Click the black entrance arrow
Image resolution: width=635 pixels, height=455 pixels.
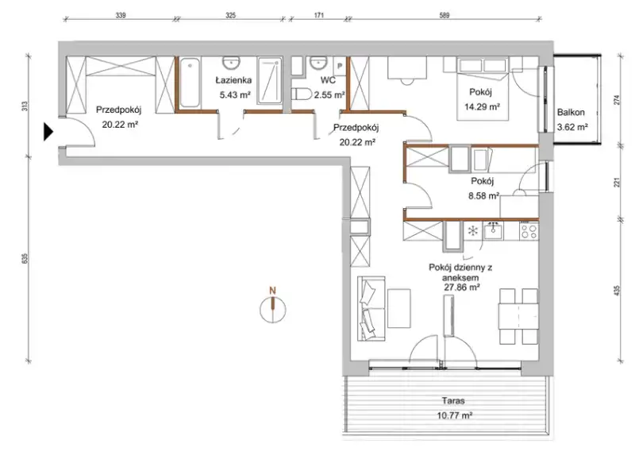pos(48,132)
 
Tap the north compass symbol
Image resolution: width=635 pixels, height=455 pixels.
pos(272,307)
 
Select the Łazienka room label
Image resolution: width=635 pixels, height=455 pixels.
pos(233,80)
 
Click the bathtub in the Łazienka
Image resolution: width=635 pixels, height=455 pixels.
pos(190,83)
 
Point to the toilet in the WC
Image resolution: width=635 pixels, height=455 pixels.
pos(302,94)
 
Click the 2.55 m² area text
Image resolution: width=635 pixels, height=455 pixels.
pos(329,94)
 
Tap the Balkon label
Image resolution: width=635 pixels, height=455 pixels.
pos(571,112)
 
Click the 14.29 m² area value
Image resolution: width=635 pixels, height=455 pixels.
pos(482,107)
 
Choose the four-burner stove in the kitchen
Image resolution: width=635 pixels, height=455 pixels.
pos(529,231)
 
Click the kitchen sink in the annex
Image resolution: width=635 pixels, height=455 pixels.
pos(493,232)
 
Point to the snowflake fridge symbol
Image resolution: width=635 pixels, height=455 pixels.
pos(472,231)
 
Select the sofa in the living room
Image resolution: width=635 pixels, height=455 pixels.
pos(371,309)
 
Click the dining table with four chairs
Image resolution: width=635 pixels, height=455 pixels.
pos(519,316)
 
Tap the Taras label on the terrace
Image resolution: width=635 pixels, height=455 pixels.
pos(453,401)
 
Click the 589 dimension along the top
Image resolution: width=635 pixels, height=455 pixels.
pos(444,15)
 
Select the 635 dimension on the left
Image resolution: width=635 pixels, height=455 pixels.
pos(24,259)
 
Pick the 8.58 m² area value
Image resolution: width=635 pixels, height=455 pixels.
pos(483,196)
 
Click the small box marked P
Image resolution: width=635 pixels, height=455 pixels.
pos(340,66)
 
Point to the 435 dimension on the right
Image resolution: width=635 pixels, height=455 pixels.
pos(618,291)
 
